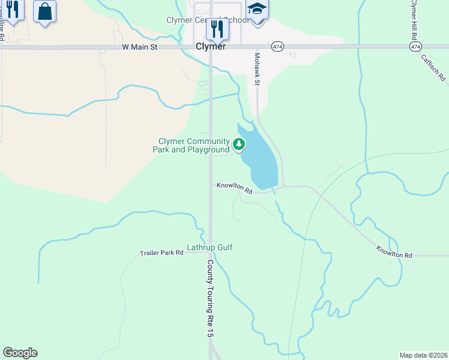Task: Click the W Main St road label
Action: (x=139, y=46)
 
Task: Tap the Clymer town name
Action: (x=210, y=46)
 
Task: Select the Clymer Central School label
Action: (x=207, y=20)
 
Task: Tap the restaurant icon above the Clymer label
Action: (x=217, y=28)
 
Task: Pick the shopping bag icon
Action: (x=44, y=11)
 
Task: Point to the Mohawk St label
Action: (x=256, y=69)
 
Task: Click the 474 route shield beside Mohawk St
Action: (x=277, y=46)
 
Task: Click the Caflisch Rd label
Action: (x=433, y=68)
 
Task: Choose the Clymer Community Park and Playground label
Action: (x=191, y=145)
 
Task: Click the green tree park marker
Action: (x=239, y=144)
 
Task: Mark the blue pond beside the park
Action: (x=261, y=159)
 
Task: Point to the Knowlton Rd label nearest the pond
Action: (x=235, y=188)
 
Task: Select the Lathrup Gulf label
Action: (x=209, y=247)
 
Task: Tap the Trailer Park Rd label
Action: (x=161, y=253)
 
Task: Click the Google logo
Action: (x=20, y=353)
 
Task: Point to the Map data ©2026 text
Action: (x=423, y=355)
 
